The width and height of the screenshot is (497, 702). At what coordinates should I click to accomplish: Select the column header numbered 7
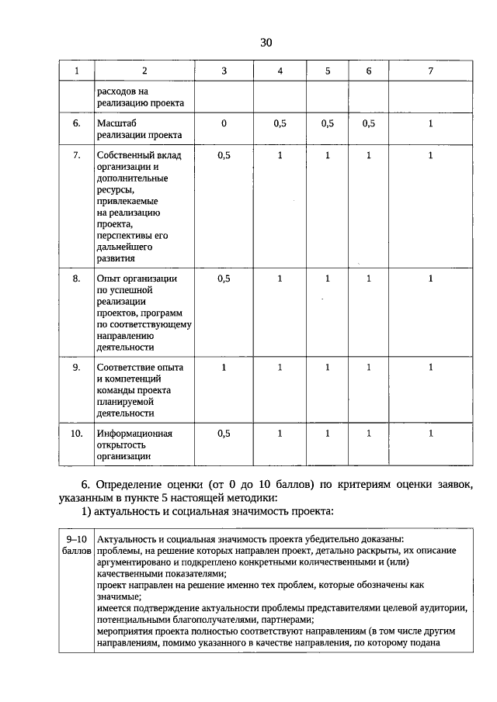point(430,71)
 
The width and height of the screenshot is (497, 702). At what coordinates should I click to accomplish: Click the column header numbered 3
point(224,71)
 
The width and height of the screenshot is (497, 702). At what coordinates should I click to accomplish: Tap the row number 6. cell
point(77,123)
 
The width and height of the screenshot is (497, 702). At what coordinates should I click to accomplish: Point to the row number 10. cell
point(77,434)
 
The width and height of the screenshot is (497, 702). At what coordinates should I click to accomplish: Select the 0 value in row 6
point(224,123)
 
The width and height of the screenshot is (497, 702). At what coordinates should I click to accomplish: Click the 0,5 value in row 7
point(224,155)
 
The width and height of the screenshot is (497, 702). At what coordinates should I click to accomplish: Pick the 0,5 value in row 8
point(224,278)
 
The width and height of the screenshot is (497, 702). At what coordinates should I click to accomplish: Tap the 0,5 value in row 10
point(224,434)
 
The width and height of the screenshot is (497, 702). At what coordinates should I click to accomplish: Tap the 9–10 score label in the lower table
point(77,539)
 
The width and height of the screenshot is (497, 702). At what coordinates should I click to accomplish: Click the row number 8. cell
point(77,278)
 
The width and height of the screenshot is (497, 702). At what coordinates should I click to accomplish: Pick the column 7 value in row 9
point(430,368)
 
